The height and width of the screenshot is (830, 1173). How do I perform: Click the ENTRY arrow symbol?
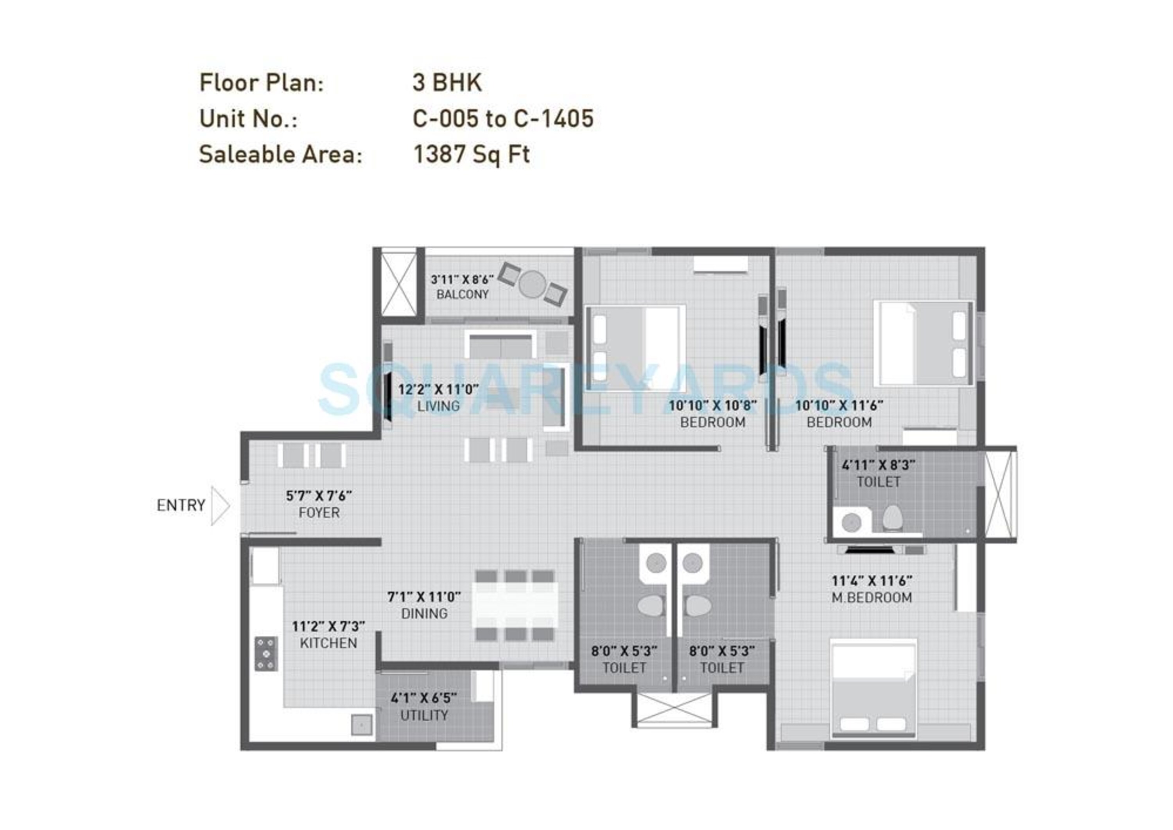click(220, 506)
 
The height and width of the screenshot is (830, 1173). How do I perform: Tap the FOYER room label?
click(319, 513)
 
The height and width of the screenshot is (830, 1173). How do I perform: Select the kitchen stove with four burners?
click(266, 653)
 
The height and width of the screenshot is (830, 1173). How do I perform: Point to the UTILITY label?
click(424, 715)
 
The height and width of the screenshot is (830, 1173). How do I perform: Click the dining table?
click(515, 605)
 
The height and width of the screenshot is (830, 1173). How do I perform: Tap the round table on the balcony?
click(532, 284)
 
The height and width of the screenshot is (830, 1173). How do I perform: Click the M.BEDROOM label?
click(872, 597)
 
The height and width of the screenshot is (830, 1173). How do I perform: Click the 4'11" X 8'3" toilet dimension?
click(878, 465)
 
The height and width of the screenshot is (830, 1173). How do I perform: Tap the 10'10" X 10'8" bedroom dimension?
click(712, 405)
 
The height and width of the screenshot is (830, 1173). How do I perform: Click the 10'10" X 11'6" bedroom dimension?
click(839, 405)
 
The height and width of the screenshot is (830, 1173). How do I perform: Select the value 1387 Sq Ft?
click(471, 154)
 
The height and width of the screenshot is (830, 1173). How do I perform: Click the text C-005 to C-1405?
click(503, 118)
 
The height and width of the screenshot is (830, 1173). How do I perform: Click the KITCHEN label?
click(328, 643)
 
